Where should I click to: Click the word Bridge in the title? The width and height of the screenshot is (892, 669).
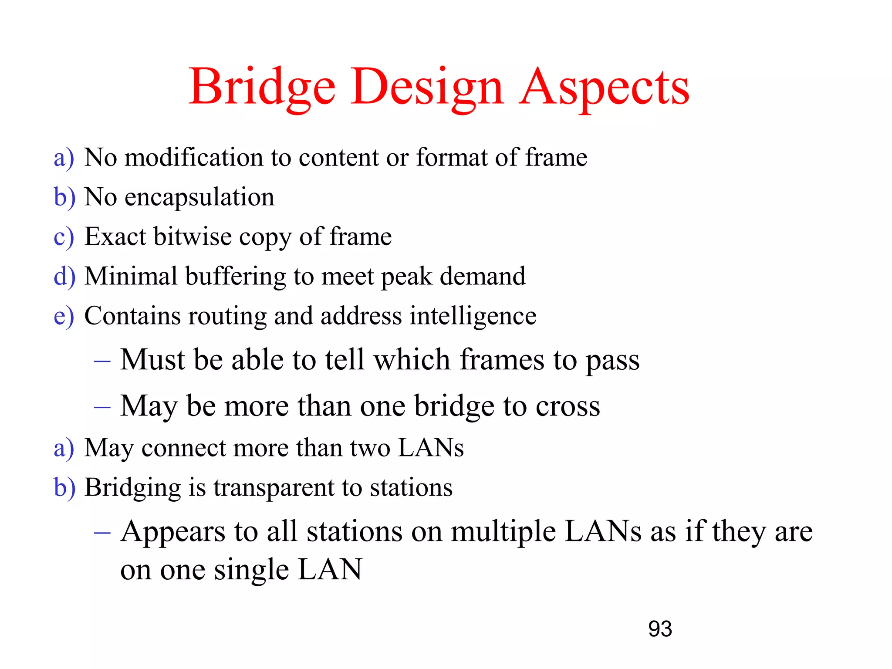[262, 87]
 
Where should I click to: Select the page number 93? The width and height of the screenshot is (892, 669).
[660, 629]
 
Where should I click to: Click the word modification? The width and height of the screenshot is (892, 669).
[193, 157]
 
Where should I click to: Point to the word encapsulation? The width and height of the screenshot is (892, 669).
[199, 197]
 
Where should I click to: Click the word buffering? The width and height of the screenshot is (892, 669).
[236, 276]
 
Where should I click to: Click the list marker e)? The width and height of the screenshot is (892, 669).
[64, 316]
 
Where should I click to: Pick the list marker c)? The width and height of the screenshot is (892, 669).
[64, 237]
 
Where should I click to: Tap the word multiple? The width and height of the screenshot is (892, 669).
[503, 532]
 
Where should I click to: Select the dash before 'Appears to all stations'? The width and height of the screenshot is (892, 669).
[102, 532]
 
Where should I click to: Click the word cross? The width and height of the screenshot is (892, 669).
[568, 406]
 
